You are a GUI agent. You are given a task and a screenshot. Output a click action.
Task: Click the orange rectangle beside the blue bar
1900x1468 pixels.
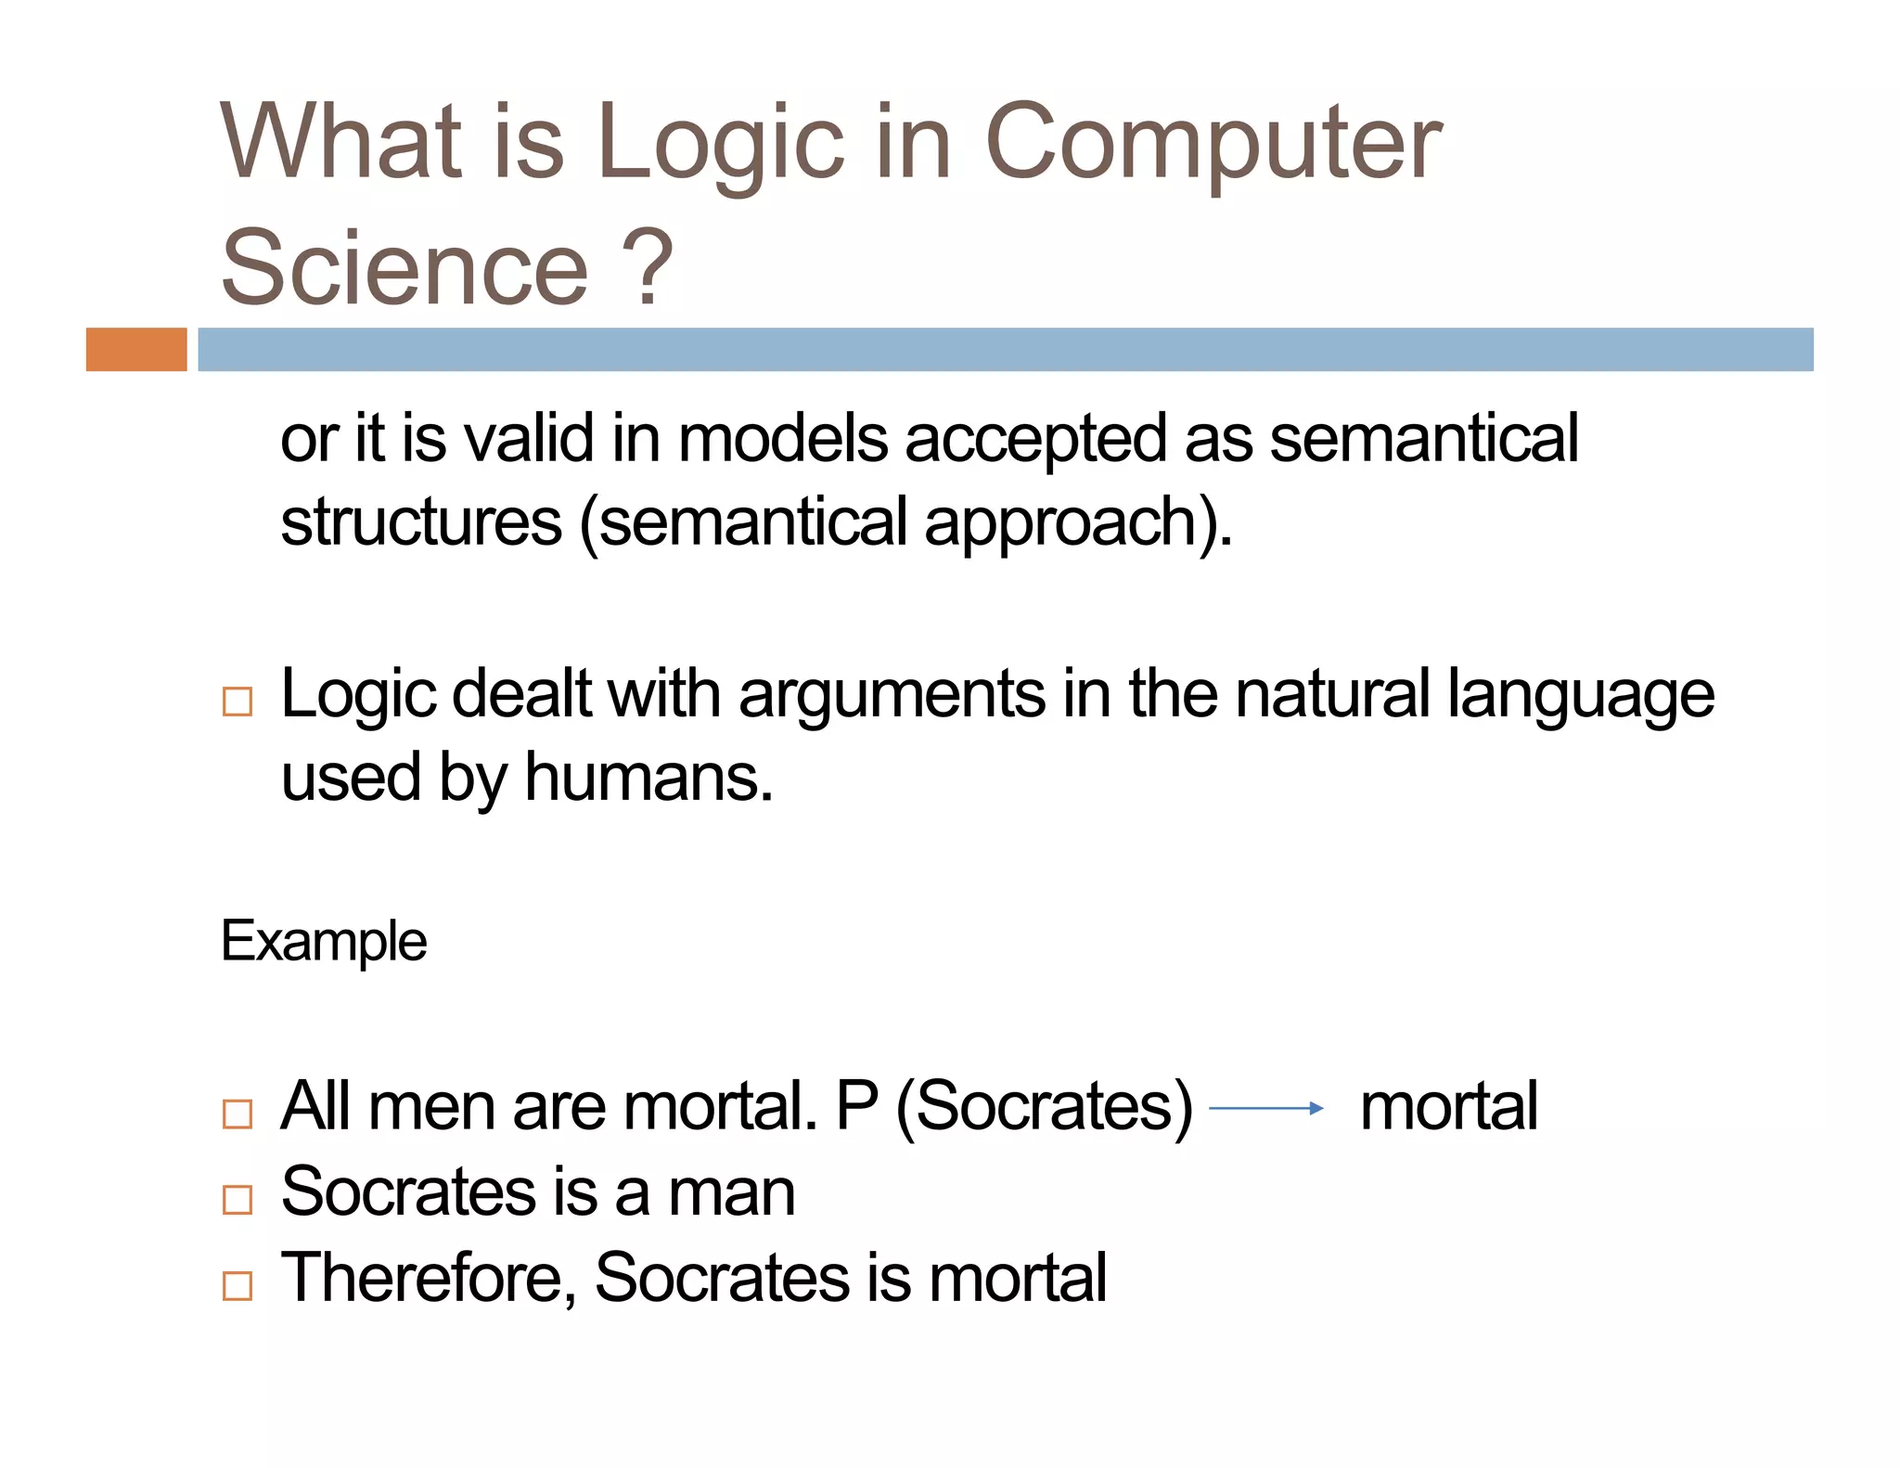[x=136, y=350]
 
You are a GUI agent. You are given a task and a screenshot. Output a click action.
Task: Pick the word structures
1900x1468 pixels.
[x=421, y=522]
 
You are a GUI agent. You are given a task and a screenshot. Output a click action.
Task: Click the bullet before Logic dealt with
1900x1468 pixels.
[x=237, y=702]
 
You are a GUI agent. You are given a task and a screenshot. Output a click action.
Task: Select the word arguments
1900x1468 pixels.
[x=892, y=696]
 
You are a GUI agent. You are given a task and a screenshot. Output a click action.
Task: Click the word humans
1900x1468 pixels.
[x=648, y=778]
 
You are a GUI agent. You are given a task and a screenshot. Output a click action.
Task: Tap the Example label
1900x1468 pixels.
[x=324, y=942]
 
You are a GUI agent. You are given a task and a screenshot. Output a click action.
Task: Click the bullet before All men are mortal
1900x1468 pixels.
[x=237, y=1114]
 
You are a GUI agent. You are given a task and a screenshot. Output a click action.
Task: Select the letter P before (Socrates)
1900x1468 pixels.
[x=856, y=1106]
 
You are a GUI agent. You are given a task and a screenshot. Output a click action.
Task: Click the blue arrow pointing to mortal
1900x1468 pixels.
[x=1266, y=1108]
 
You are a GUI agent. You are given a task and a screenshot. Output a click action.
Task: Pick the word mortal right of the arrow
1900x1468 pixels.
[x=1448, y=1106]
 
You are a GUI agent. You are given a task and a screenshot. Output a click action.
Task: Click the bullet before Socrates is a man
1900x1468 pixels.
[x=237, y=1199]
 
